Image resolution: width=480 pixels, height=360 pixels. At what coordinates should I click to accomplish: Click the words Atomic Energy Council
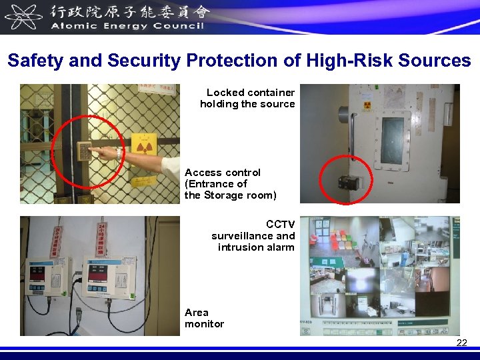click(x=127, y=26)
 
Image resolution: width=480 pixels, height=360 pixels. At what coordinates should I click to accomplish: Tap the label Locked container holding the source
click(x=248, y=98)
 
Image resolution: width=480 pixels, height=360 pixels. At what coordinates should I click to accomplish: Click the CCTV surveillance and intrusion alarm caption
click(x=254, y=235)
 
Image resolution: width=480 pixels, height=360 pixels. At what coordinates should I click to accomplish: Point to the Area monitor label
click(x=204, y=318)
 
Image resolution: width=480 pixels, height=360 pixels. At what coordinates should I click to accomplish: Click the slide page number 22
click(x=461, y=343)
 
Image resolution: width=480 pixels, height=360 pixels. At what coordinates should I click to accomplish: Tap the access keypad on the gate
click(x=85, y=151)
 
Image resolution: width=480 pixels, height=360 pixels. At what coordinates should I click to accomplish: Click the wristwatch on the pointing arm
click(x=119, y=155)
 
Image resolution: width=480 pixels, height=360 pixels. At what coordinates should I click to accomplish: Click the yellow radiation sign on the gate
click(x=143, y=146)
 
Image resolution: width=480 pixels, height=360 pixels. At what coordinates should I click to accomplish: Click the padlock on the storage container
click(x=348, y=183)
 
